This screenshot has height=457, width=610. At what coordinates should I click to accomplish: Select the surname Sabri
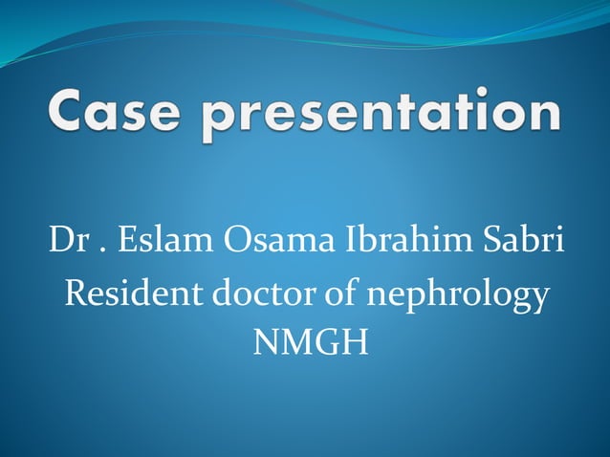[x=524, y=240]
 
